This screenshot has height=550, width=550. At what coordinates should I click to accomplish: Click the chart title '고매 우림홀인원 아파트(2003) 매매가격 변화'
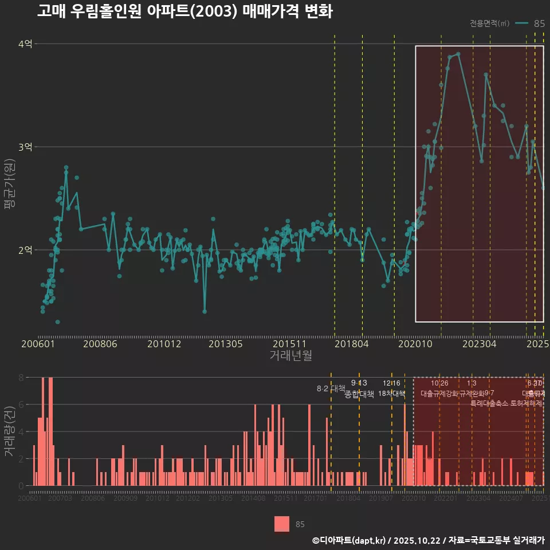[184, 11]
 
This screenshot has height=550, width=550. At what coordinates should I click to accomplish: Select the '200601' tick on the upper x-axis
[38, 344]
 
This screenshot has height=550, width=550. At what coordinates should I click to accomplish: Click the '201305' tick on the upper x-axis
[226, 344]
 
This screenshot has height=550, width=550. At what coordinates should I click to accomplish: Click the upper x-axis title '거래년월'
[290, 355]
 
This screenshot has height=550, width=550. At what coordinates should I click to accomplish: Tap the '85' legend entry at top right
[539, 23]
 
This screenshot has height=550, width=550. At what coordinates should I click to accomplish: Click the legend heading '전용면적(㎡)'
[489, 23]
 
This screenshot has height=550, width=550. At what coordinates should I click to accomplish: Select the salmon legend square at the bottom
[282, 524]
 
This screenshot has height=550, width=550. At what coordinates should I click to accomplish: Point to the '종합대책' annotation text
[359, 394]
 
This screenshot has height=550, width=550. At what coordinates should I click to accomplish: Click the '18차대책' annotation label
[391, 394]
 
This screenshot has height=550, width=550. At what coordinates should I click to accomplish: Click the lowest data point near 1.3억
[57, 322]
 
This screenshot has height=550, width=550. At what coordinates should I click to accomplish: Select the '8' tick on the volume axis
[21, 378]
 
